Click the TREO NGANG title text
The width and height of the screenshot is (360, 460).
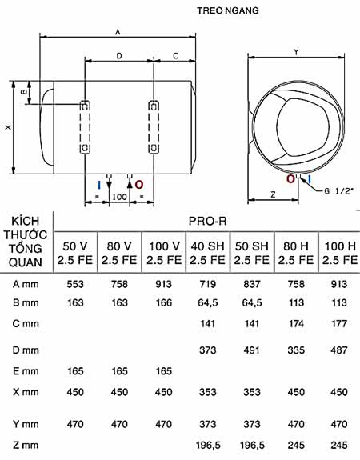tap(228, 12)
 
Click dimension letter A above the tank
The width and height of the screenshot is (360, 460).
tap(118, 31)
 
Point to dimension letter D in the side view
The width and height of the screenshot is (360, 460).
tap(119, 55)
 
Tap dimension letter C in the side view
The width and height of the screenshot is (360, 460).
tap(175, 55)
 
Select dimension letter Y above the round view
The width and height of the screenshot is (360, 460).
tap(296, 52)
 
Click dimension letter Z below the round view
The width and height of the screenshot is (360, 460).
tap(273, 194)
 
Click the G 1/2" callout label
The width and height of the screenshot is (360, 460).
tap(338, 191)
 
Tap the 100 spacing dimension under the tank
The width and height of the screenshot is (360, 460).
tap(119, 197)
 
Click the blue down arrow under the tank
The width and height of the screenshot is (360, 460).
tap(108, 184)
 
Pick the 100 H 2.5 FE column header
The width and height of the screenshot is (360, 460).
tap(338, 252)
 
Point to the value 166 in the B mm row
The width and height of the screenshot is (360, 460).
tap(163, 303)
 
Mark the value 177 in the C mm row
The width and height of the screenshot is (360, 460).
tap(338, 326)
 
